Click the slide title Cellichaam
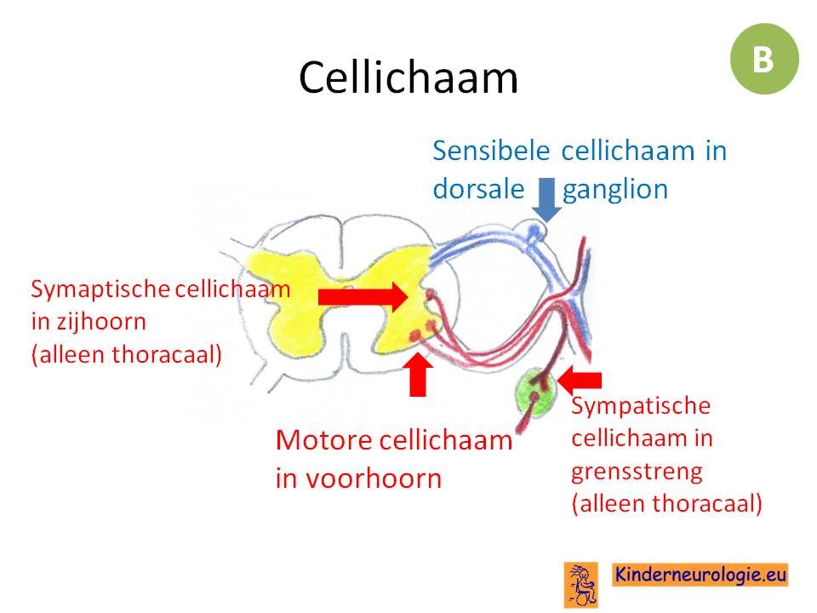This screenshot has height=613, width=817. coord(408,77)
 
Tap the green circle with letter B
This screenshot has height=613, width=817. coord(764,59)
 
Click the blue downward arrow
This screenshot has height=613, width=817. coord(546,199)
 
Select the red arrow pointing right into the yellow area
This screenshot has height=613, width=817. coord(363,297)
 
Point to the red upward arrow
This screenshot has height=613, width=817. coord(418,375)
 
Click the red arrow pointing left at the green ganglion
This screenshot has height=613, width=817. coord(579,380)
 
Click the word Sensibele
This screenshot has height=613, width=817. coord(491,152)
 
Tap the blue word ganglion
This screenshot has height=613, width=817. coord(614,190)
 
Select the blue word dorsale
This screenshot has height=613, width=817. coord(478,189)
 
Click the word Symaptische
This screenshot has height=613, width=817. coord(100,289)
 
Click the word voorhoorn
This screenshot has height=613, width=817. coord(374,478)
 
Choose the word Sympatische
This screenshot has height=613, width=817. coord(641,406)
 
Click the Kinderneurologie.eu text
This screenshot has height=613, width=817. coord(700,575)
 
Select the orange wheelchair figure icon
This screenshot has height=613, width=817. coord(581,585)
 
